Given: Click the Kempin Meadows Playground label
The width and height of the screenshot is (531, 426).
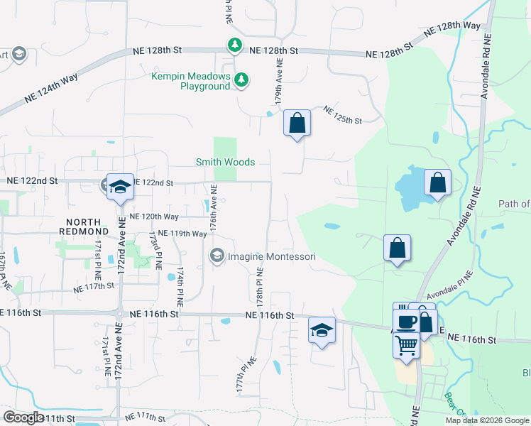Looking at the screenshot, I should tap(191, 81).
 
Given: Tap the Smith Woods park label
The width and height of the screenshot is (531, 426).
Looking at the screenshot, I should tap(225, 162).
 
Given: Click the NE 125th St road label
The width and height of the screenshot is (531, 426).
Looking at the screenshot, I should tap(342, 116).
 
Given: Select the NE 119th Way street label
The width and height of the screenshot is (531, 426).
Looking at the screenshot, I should tap(182, 233).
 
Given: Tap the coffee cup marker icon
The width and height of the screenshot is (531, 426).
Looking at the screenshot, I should tap(407, 321).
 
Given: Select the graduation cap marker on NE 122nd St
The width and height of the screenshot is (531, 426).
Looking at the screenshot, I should tap(119, 186).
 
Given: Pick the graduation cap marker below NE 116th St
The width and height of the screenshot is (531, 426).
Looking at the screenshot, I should tap(322, 330).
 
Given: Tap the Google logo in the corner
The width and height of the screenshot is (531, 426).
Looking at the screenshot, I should tap(23, 417).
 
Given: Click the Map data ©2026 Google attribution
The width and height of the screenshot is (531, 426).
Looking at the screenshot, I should tap(487, 420).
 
